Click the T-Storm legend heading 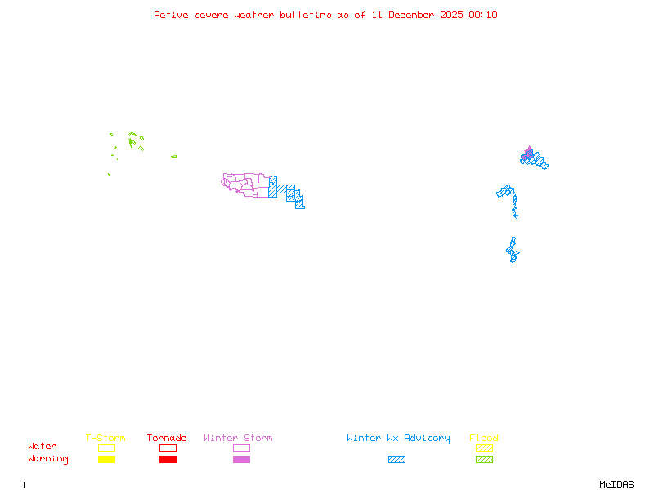tap(105, 439)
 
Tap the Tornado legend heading tap(167, 439)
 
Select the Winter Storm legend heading tap(238, 439)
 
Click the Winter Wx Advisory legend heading tap(398, 439)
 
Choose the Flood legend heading tap(484, 439)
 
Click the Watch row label tap(43, 447)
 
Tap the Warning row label tap(48, 459)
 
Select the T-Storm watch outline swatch tap(106, 448)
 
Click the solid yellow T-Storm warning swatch tap(106, 460)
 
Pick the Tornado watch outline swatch tap(168, 448)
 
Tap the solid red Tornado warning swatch tap(168, 460)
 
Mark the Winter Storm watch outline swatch tap(241, 448)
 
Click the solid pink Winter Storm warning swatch tap(241, 460)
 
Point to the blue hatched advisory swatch tap(396, 460)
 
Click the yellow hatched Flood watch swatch tap(484, 448)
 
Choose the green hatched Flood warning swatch tap(484, 460)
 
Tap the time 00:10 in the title tap(484, 15)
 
